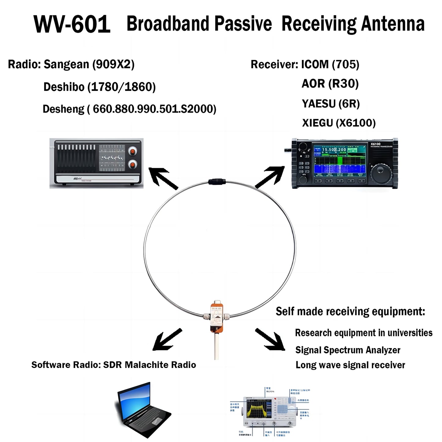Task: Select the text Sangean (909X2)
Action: pyautogui.click(x=89, y=65)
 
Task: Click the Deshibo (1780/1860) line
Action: pyautogui.click(x=99, y=87)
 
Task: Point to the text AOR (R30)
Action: pyautogui.click(x=330, y=84)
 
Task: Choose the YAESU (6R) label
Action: pyautogui.click(x=330, y=104)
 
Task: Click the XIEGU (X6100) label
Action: pyautogui.click(x=339, y=123)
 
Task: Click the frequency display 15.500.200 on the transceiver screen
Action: pyautogui.click(x=334, y=150)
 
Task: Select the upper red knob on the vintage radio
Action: pyautogui.click(x=132, y=151)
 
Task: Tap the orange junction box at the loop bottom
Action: pyautogui.click(x=217, y=317)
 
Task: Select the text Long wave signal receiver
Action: pyautogui.click(x=350, y=365)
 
